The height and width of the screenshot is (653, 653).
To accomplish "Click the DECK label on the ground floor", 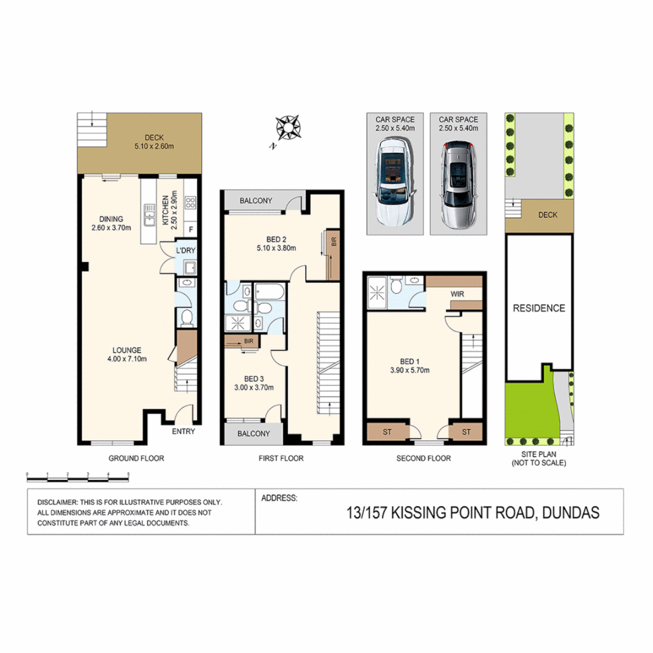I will coord(146,137).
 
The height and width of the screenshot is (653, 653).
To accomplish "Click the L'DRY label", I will coord(185,250).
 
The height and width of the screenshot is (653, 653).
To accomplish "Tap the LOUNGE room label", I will coord(126,350).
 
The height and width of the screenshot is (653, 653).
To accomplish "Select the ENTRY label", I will coord(183,432).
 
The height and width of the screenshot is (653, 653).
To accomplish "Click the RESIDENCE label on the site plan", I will coord(539,308).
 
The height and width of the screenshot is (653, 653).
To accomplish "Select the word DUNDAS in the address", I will coord(571,513).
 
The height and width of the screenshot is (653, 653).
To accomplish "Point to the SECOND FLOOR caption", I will coord(423,458).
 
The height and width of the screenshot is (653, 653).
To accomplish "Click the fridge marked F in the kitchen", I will coord(192,230).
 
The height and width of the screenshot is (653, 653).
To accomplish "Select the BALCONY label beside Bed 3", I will coord(253,434).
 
